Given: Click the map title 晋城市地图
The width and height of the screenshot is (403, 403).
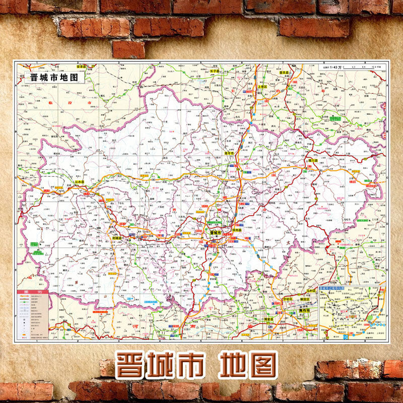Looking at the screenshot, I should [x=54, y=78].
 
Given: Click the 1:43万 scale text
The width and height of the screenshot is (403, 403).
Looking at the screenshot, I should [x=335, y=67].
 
